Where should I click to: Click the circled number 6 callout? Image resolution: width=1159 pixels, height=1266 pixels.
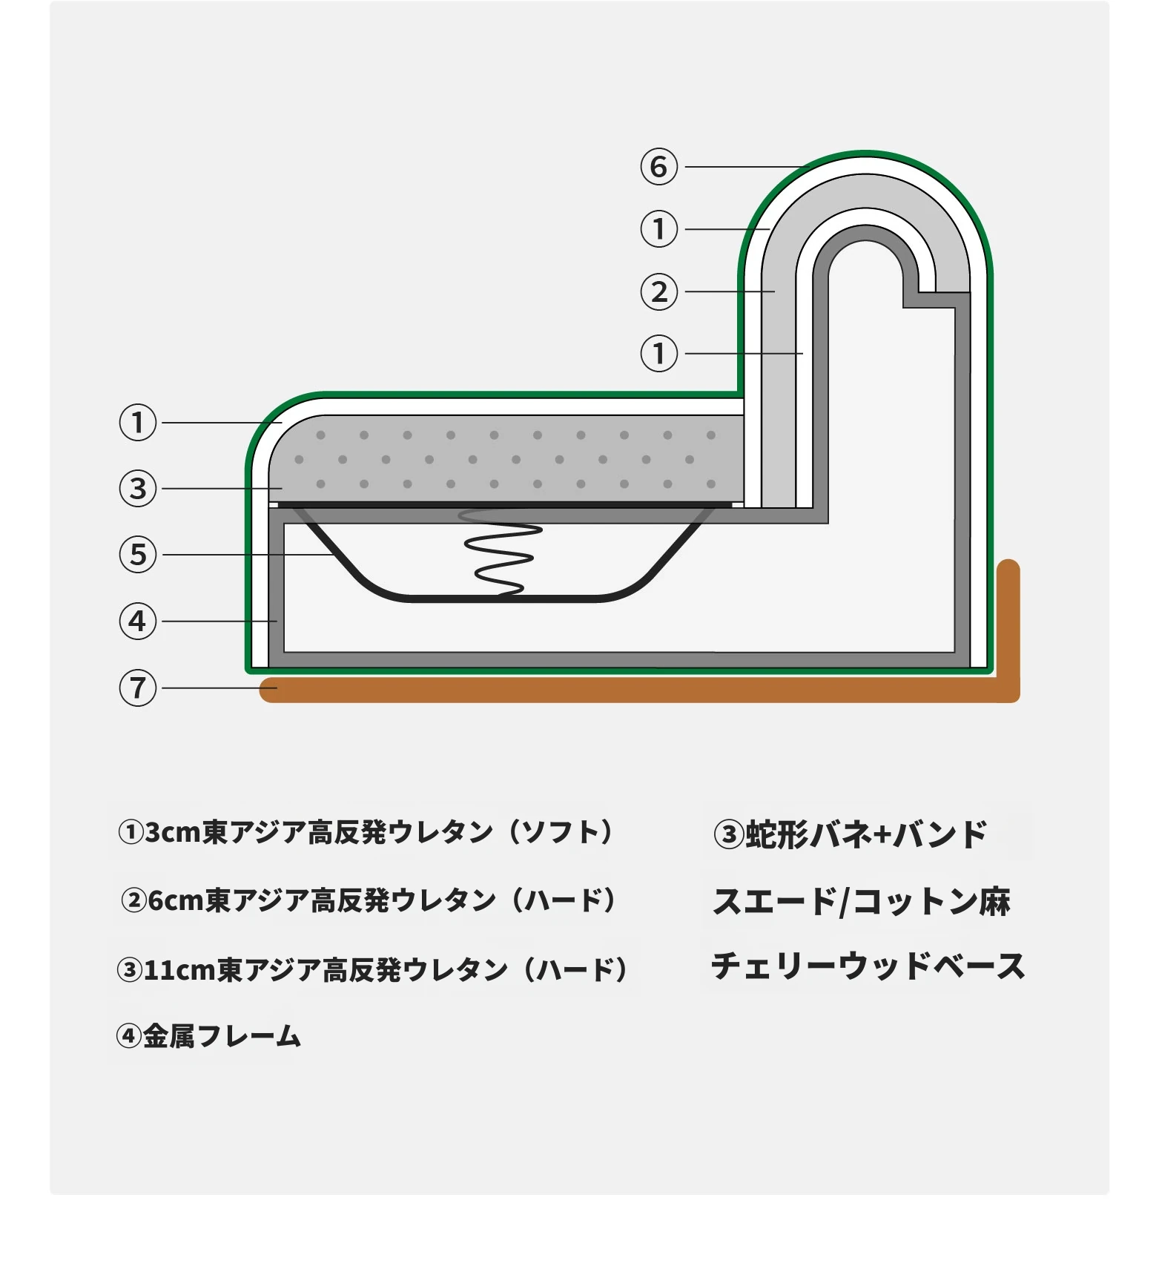658,167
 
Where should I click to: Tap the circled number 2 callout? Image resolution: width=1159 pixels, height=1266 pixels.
658,291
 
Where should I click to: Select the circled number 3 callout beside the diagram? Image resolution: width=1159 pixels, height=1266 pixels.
138,489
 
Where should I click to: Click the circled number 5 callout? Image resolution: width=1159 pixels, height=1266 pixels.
138,555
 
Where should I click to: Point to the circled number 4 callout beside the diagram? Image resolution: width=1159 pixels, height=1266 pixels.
138,622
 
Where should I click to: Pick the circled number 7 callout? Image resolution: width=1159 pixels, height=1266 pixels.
138,688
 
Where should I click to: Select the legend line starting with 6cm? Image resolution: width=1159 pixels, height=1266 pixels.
369,900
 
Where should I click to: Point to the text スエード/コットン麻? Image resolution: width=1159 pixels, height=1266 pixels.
862,902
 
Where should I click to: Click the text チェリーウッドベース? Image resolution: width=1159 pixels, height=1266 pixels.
868,966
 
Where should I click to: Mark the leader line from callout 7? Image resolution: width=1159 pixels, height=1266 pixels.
219,688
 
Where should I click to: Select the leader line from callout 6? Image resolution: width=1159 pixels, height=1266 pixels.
744,167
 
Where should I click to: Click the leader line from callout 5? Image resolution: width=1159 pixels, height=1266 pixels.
248,555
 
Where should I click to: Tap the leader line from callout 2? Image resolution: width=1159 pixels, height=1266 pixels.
730,291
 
